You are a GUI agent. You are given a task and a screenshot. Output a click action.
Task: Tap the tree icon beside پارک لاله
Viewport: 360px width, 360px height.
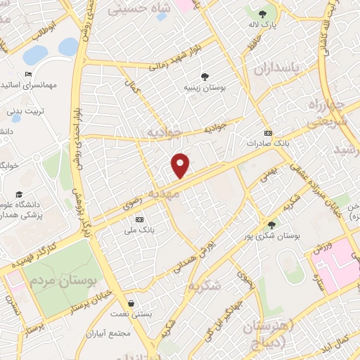pos(262,13)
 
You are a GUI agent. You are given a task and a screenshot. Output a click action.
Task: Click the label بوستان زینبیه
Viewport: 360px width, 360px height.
pos(204,88)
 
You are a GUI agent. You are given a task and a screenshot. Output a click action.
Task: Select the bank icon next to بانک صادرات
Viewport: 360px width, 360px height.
pos(267,132)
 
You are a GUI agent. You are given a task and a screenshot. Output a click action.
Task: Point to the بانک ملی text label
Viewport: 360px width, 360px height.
pos(139,230)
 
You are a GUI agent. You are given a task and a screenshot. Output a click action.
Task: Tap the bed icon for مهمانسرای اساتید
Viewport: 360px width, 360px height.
pos(28,74)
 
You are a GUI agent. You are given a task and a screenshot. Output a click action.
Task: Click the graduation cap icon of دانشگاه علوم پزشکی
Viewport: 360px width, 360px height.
pos(19,195)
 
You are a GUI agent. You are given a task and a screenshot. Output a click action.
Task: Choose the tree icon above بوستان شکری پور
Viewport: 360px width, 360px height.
pos(271,225)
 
